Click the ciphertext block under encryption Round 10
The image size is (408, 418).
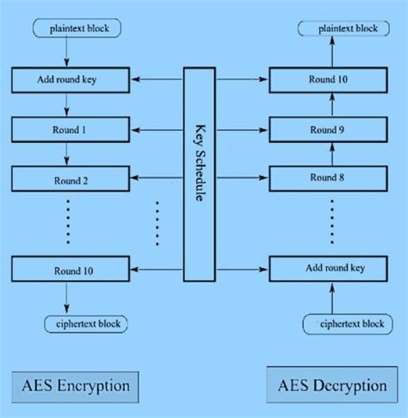click(86, 324)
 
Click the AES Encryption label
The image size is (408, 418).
click(77, 384)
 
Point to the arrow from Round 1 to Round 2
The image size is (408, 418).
click(66, 155)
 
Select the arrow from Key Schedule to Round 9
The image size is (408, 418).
click(242, 130)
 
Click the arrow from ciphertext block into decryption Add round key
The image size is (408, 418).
click(331, 297)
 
